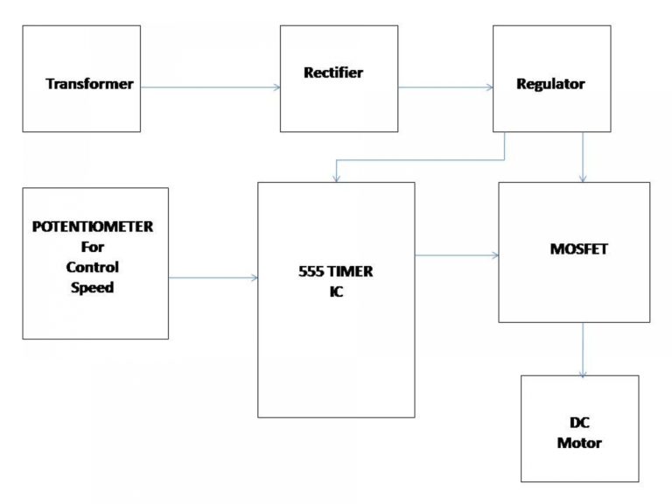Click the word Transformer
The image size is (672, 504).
(x=90, y=85)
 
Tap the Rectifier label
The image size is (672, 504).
(x=333, y=73)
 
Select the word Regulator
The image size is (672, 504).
(x=551, y=85)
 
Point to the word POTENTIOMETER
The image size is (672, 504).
(x=93, y=227)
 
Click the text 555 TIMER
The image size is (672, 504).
(x=335, y=272)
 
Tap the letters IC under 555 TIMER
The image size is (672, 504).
(x=336, y=292)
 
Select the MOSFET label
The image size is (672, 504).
(x=574, y=249)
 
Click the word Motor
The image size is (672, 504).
(x=579, y=444)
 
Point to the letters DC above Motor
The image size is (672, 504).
(x=579, y=423)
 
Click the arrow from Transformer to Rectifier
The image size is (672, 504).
(x=210, y=87)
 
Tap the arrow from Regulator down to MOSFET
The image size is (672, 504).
(x=583, y=157)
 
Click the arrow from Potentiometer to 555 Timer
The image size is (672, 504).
(x=213, y=278)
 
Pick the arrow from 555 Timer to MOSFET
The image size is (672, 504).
(x=456, y=255)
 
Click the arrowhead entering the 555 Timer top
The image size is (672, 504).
(x=336, y=178)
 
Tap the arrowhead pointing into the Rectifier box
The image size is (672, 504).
(x=276, y=87)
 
